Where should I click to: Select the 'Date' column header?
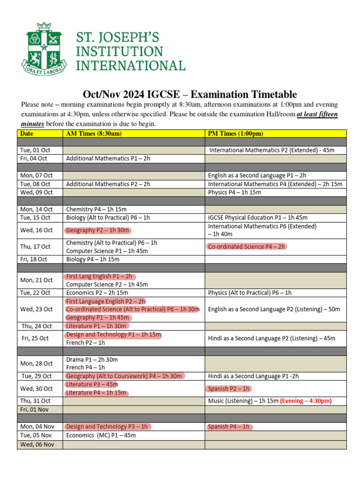pyautogui.click(x=27, y=134)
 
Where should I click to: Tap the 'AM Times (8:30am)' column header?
pyautogui.click(x=94, y=134)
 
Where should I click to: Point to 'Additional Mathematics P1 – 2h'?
pyautogui.click(x=108, y=158)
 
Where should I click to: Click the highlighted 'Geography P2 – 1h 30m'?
pyautogui.click(x=98, y=230)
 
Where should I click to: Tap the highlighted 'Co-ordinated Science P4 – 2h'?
pyautogui.click(x=246, y=247)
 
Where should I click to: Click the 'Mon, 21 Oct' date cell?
pyautogui.click(x=36, y=280)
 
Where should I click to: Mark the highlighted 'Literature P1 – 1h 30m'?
pyautogui.click(x=96, y=326)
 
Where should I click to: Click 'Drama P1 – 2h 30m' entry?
pyautogui.click(x=92, y=360)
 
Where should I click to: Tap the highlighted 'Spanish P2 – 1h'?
pyautogui.click(x=229, y=389)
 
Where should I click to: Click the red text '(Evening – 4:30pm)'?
pyautogui.click(x=306, y=401)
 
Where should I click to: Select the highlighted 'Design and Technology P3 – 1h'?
pyautogui.click(x=107, y=427)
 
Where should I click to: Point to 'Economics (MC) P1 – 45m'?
pyautogui.click(x=101, y=435)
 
